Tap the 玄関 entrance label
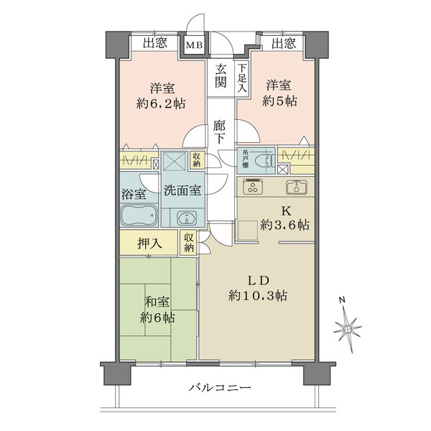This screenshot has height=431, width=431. click(x=220, y=75)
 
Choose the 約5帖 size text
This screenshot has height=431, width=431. click(x=280, y=103)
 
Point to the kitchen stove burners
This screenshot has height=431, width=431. click(x=254, y=187)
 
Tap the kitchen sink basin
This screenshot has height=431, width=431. click(x=297, y=187)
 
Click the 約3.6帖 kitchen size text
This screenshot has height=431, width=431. click(x=285, y=225)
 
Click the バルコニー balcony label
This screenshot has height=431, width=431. click(x=220, y=389)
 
